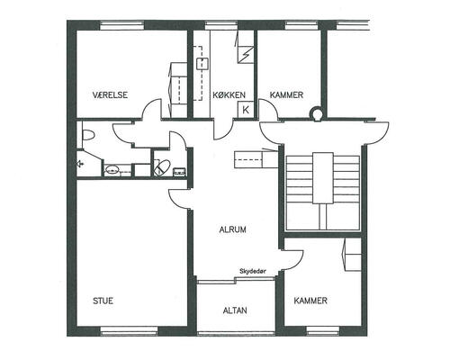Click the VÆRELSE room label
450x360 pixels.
110,94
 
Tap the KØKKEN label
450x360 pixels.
229,95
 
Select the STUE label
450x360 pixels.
103,301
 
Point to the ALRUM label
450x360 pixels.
233,229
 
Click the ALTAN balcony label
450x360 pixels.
235,310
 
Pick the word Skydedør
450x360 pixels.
253,271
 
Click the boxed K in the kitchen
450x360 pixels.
246,110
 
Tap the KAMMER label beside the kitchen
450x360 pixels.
286,95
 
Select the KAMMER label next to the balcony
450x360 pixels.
310,301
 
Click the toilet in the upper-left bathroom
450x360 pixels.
88,135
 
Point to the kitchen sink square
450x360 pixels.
202,64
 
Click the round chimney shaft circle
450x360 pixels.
316,113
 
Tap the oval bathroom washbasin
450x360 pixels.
112,169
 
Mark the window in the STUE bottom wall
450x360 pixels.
129,330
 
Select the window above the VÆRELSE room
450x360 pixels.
121,25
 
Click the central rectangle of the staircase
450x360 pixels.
323,178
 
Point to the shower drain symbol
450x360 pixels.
80,164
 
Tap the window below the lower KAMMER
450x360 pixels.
323,330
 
